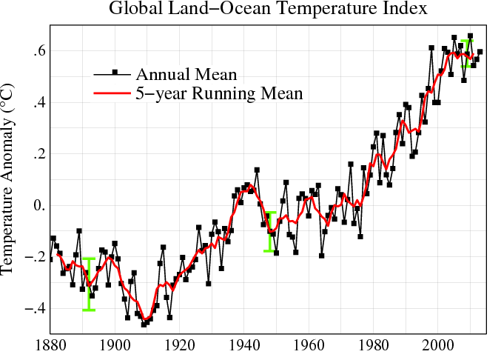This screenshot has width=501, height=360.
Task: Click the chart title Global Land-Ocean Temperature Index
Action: pos(267,10)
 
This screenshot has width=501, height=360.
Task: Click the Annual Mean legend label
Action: pos(186,74)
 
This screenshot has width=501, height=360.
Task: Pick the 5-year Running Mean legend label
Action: pos(219,93)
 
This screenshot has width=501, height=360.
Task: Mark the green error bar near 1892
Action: pos(89,284)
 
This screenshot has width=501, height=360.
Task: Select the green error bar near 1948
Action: pos(270,231)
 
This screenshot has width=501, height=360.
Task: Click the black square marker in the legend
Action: pos(114,72)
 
